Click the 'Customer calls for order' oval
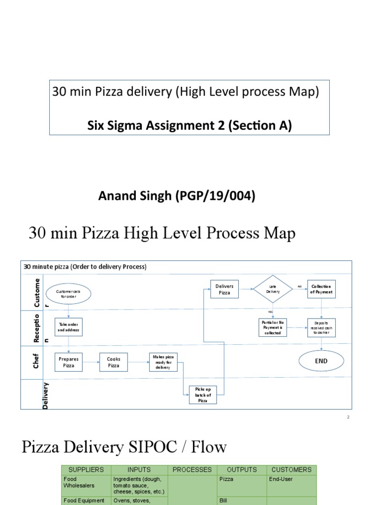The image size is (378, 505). (x=69, y=294)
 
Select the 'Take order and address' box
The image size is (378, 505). (x=69, y=326)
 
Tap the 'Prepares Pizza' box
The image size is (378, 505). (x=69, y=362)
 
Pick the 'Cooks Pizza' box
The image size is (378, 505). (x=114, y=362)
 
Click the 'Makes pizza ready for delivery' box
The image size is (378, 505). (x=163, y=362)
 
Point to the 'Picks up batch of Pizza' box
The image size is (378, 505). (x=203, y=395)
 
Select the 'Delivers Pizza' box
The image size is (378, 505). (x=224, y=289)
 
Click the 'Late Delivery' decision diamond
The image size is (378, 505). (x=273, y=289)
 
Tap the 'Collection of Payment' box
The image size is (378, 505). (x=321, y=289)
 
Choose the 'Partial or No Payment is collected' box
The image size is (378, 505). (x=273, y=327)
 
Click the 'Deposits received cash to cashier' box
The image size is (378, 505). (x=321, y=327)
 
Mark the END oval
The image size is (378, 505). (x=321, y=361)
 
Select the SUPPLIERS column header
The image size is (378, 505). (x=86, y=469)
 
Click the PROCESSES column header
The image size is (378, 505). (x=192, y=469)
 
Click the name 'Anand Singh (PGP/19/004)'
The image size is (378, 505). (x=177, y=196)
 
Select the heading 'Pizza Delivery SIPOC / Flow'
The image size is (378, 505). (x=125, y=447)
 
